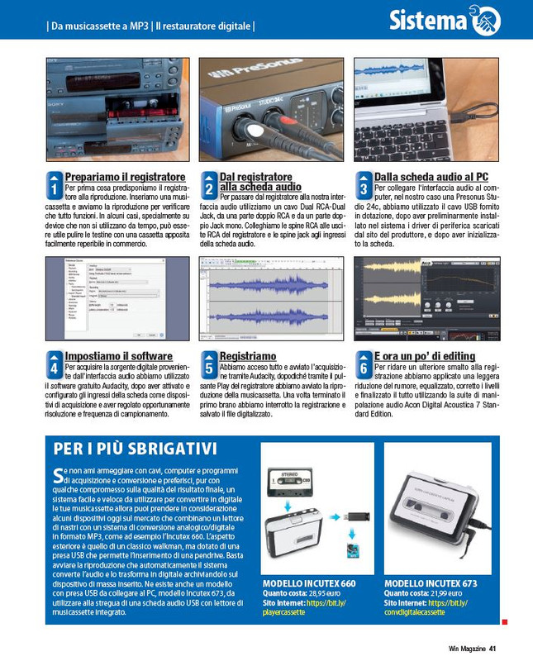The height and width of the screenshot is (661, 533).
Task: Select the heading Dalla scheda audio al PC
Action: click(x=431, y=178)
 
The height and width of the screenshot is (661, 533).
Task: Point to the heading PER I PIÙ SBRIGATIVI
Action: click(x=136, y=449)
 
